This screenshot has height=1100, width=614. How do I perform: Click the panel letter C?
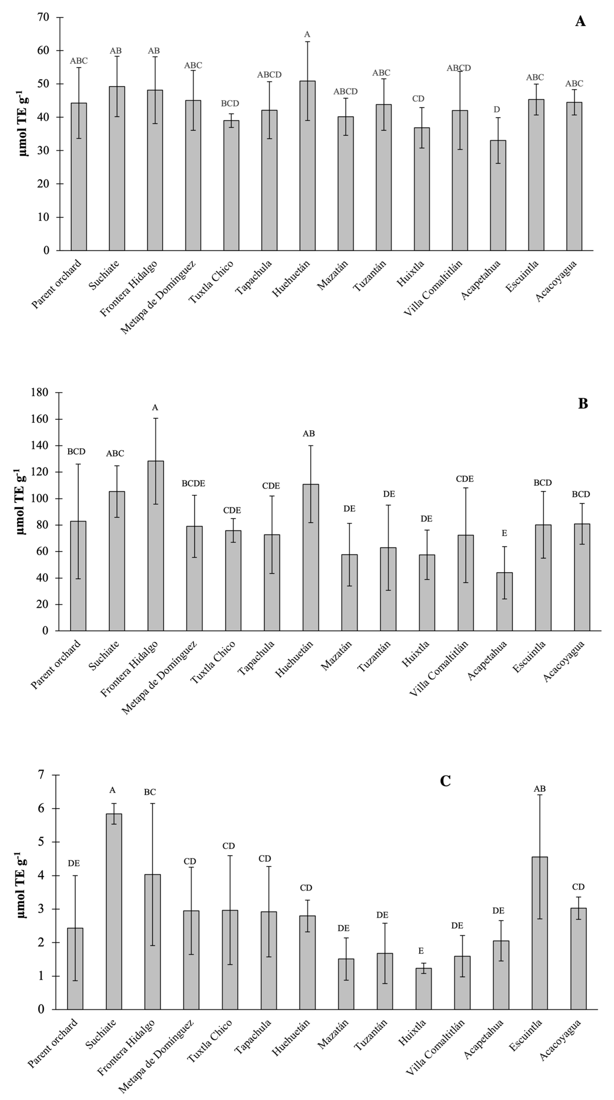coord(445,781)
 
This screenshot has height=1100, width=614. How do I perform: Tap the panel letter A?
coord(580,21)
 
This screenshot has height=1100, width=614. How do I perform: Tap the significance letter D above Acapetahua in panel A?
coord(496,110)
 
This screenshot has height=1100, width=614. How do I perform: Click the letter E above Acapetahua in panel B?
coord(504,533)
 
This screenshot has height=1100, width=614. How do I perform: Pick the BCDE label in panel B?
coord(193,483)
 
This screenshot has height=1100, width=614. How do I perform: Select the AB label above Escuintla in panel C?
coord(540,789)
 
